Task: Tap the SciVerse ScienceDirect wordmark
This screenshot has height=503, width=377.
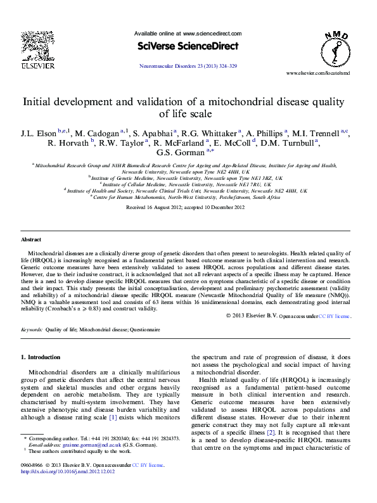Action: tap(188, 46)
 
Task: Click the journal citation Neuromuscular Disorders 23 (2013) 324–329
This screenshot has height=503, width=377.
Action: tap(188, 66)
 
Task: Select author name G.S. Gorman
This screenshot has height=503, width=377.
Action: tap(178, 152)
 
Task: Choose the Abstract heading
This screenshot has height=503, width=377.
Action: tap(31, 240)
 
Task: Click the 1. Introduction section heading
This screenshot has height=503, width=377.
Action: tap(41, 357)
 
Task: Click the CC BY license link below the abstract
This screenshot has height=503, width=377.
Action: tap(334, 315)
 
